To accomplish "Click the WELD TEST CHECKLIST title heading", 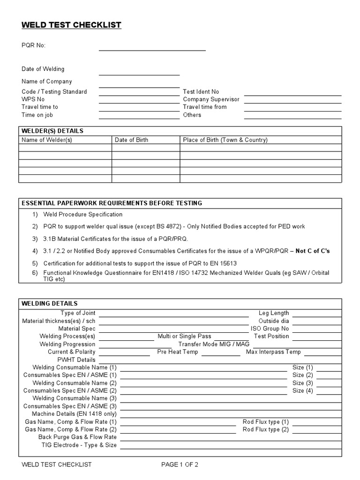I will (x=71, y=25).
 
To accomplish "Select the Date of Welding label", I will (x=43, y=69).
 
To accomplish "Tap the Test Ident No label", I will (x=201, y=92).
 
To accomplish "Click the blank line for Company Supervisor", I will (x=292, y=99).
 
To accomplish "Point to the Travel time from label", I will (x=204, y=107).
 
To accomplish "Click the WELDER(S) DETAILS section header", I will (x=52, y=131).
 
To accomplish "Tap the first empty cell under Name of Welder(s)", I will (x=65, y=148).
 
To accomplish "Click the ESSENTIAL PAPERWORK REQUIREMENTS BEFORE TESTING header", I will (x=112, y=203).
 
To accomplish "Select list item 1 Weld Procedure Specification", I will (x=83, y=214).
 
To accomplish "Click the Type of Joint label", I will (x=78, y=313).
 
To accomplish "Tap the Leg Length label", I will (x=274, y=313).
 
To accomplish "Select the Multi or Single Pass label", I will (x=184, y=336).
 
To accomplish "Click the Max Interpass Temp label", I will (x=273, y=352).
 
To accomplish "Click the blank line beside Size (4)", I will (x=330, y=390).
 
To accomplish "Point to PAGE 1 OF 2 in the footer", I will (x=180, y=465).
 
